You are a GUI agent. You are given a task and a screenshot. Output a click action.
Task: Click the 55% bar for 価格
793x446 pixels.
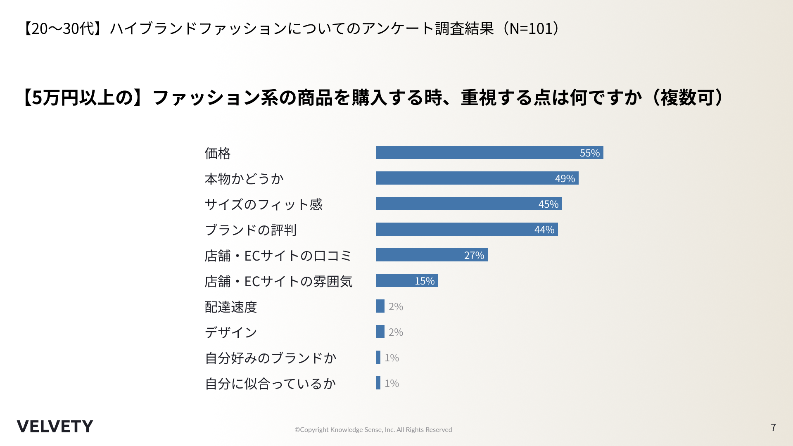coord(489,152)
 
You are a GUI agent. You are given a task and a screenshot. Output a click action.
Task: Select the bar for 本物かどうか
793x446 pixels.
coord(477,178)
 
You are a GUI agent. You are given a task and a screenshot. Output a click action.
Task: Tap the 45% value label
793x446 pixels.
coord(548,204)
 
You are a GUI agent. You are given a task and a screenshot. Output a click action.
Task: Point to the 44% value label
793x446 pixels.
coord(544,230)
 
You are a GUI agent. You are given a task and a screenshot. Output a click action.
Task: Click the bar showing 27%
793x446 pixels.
coord(432,255)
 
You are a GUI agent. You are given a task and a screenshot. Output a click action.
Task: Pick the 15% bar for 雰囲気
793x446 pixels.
coord(407,280)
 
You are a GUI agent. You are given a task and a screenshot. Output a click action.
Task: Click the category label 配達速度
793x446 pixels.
coord(231,307)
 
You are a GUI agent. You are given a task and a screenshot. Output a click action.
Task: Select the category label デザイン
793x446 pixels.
coord(231,332)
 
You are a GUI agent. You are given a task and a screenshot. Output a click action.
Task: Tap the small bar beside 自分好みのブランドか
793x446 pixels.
coord(378,357)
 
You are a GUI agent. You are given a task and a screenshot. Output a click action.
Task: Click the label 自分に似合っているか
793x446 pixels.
coord(270,384)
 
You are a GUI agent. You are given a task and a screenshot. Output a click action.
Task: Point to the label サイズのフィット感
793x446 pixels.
coord(264,204)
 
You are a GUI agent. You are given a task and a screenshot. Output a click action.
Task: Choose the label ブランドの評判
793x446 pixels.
coord(251,230)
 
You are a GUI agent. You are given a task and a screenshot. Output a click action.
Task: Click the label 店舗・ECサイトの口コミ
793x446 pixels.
coord(278,256)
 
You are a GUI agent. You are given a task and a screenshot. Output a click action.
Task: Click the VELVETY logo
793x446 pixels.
coord(55,426)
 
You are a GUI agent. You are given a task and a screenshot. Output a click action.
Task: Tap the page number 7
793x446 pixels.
coord(773,427)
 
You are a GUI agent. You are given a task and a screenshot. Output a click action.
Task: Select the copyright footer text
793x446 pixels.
coord(373,429)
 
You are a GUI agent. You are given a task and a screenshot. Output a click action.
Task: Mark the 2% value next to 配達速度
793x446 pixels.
coord(396,306)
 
